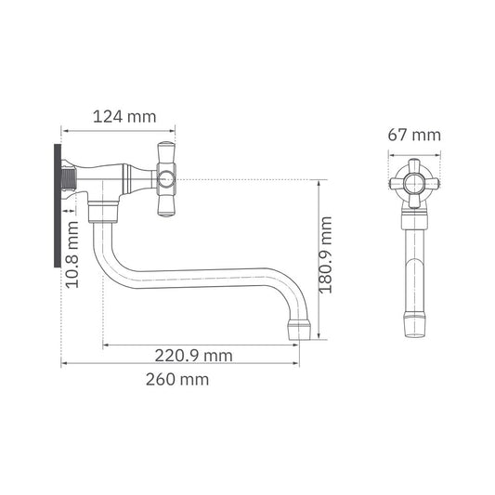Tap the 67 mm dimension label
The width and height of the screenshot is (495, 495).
coord(414,136)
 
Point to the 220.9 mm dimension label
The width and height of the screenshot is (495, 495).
coord(193,356)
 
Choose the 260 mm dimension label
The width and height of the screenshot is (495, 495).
coord(177,379)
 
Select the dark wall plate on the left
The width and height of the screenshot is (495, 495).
coord(58,204)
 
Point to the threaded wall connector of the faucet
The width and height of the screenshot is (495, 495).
coord(71,176)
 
